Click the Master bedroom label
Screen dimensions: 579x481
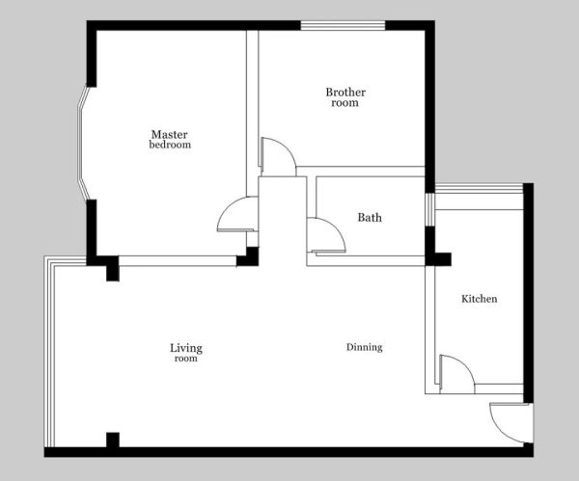click(170, 140)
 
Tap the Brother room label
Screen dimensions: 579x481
click(345, 97)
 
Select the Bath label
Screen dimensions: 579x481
click(370, 217)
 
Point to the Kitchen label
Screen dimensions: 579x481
click(479, 299)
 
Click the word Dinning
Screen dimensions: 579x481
click(364, 347)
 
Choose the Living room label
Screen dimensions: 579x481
click(186, 353)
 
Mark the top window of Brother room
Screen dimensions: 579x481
click(343, 25)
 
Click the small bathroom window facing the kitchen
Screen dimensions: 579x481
click(429, 209)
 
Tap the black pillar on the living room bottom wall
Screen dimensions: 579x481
click(113, 440)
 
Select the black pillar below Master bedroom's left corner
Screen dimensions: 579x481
click(113, 273)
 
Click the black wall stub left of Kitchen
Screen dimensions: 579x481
click(438, 259)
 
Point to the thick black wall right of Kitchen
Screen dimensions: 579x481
click(529, 293)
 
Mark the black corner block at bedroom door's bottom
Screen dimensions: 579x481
click(248, 257)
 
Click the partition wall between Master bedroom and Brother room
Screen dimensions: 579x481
click(252, 113)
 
